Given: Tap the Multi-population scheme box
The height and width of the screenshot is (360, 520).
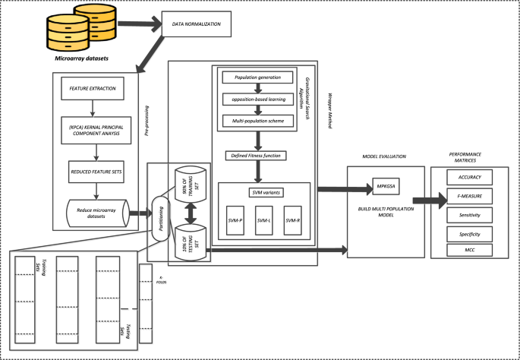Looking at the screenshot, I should coord(259,121).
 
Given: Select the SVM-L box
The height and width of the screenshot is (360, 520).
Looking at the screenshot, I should coord(263,220).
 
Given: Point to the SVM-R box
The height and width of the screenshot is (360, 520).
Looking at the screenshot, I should coord(292,220).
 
